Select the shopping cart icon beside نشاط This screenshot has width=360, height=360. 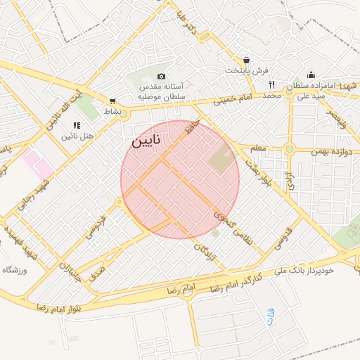point(112,101)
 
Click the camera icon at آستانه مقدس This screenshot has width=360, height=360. point(161,76)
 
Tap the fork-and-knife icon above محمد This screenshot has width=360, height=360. point(271,84)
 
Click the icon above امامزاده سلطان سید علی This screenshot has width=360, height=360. point(311,75)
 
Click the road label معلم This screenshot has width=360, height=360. point(257,149)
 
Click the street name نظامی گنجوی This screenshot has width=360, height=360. point(235,228)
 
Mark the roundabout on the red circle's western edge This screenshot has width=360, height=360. point(121,202)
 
